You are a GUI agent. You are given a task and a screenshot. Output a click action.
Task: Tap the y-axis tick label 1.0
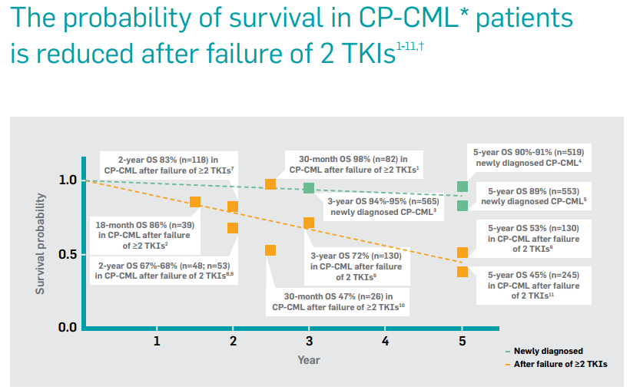pyautogui.click(x=68, y=180)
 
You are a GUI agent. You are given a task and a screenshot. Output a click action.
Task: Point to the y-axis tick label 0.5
pyautogui.click(x=68, y=254)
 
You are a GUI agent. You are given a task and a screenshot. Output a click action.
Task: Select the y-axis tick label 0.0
pyautogui.click(x=68, y=328)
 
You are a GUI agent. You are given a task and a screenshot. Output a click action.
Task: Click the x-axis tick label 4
pyautogui.click(x=385, y=340)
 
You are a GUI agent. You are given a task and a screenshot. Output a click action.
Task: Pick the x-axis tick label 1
pyautogui.click(x=157, y=340)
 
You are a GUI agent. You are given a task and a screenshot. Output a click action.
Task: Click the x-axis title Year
pyautogui.click(x=309, y=359)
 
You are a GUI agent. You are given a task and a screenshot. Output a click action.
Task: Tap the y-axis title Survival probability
pyautogui.click(x=40, y=244)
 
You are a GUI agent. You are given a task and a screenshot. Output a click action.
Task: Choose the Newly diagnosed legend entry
pyautogui.click(x=547, y=350)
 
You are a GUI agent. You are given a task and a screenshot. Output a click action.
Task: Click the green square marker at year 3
pyautogui.click(x=309, y=188)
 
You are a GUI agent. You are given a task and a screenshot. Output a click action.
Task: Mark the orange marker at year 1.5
pyautogui.click(x=195, y=202)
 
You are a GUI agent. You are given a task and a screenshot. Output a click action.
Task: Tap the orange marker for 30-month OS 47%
pyautogui.click(x=270, y=250)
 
